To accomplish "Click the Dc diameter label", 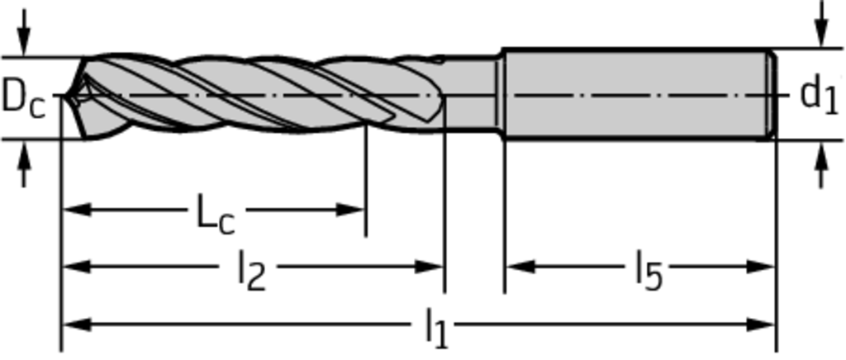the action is point(23,98).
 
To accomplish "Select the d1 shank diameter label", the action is point(820,96).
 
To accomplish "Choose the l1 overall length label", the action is point(436,331).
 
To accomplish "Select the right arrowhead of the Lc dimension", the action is point(351,210).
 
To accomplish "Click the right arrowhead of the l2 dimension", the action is point(430,266).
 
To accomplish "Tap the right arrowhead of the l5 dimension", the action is point(761,266).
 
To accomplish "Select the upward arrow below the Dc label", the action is point(23,163).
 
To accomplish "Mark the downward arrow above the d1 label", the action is point(821,24).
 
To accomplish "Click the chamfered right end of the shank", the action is point(773,94).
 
